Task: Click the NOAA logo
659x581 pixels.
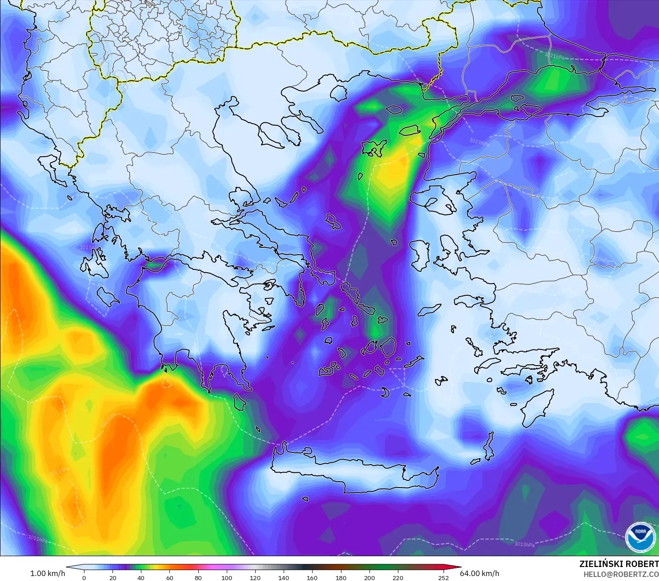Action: point(640,537)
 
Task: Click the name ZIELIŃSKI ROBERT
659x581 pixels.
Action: point(619,564)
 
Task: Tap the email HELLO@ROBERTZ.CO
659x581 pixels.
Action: point(621,574)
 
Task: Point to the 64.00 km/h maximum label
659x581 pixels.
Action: point(479,573)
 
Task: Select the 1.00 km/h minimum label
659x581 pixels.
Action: point(47,573)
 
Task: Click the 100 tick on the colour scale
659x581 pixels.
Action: point(226,577)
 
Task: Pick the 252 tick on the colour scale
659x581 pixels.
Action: point(444,577)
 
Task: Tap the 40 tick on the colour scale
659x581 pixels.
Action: point(141,577)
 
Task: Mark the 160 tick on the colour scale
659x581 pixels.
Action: point(312,577)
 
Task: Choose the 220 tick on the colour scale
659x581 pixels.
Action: point(398,577)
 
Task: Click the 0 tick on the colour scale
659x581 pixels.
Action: point(84,577)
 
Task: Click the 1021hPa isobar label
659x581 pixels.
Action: point(554,56)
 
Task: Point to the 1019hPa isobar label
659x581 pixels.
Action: point(479,142)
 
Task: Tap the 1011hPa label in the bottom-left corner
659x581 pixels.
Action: point(37,539)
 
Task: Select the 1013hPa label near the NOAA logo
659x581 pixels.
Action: point(524,544)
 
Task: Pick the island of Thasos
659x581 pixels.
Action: point(339,93)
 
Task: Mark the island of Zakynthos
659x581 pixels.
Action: point(108,296)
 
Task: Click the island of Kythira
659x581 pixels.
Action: point(240,402)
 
